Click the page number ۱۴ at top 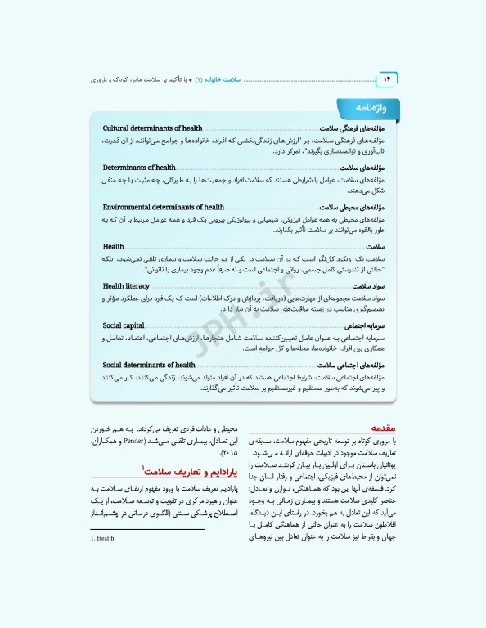pyautogui.click(x=385, y=78)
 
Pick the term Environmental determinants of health pyautogui.click(x=164, y=207)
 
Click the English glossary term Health pyautogui.click(x=114, y=246)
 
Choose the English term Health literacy pyautogui.click(x=126, y=286)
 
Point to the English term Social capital pyautogui.click(x=124, y=325)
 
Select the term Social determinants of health pyautogui.click(x=149, y=365)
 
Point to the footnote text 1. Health pyautogui.click(x=104, y=539)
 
